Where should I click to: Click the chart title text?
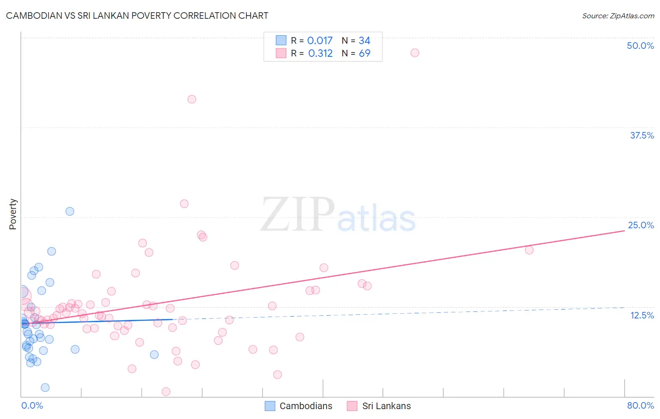pyautogui.click(x=137, y=16)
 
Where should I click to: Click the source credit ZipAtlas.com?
pyautogui.click(x=618, y=16)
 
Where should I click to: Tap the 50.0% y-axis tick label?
pyautogui.click(x=640, y=46)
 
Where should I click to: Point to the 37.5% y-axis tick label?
pyautogui.click(x=642, y=135)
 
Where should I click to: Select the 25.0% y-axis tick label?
pyautogui.click(x=641, y=225)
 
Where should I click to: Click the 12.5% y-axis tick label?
pyautogui.click(x=642, y=315)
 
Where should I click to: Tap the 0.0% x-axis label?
pyautogui.click(x=32, y=405)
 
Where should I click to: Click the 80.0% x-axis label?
pyautogui.click(x=640, y=405)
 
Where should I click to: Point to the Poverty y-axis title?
pyautogui.click(x=13, y=214)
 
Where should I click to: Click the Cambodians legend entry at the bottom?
pyautogui.click(x=299, y=406)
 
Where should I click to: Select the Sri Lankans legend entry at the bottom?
pyautogui.click(x=379, y=406)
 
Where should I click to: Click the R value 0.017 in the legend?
pyautogui.click(x=320, y=40)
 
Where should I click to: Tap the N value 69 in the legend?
pyautogui.click(x=364, y=53)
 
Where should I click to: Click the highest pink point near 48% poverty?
pyautogui.click(x=414, y=53)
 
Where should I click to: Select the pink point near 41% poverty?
pyautogui.click(x=192, y=99)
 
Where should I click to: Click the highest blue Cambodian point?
pyautogui.click(x=70, y=211)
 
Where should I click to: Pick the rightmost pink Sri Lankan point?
pyautogui.click(x=529, y=250)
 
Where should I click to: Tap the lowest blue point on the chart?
pyautogui.click(x=45, y=388)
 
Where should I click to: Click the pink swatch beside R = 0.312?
pyautogui.click(x=281, y=53)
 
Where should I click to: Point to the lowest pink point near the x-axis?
pyautogui.click(x=166, y=391)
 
